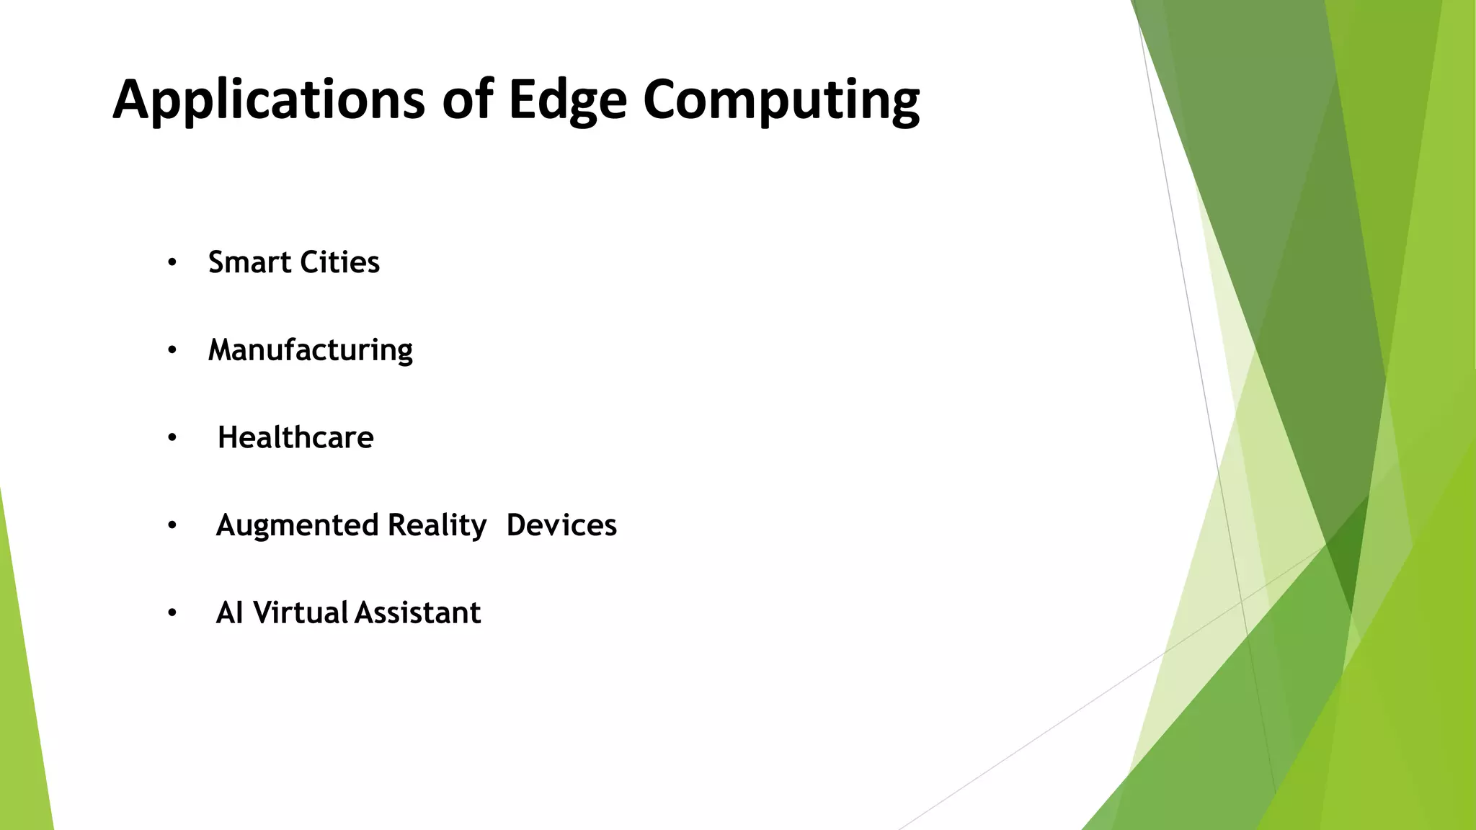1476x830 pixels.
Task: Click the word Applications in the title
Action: pyautogui.click(x=268, y=99)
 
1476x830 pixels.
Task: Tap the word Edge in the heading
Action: pyautogui.click(x=567, y=99)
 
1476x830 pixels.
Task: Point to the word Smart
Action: pyautogui.click(x=249, y=262)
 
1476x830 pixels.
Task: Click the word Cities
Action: pyautogui.click(x=339, y=262)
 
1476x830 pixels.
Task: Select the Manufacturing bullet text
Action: pyautogui.click(x=310, y=350)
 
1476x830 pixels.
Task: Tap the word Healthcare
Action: pyautogui.click(x=295, y=437)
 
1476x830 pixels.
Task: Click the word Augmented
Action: pyautogui.click(x=297, y=525)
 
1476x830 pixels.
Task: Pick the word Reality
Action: pyautogui.click(x=437, y=525)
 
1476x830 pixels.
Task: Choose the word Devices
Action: pyautogui.click(x=561, y=525)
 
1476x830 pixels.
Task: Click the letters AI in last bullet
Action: pyautogui.click(x=229, y=613)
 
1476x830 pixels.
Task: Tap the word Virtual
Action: pyautogui.click(x=301, y=613)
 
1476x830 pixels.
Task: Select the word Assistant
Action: pyautogui.click(x=417, y=613)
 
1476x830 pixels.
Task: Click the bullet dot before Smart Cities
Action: pyautogui.click(x=172, y=263)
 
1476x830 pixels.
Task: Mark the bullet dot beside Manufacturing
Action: pyautogui.click(x=172, y=351)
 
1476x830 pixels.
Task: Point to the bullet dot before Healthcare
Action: pyautogui.click(x=172, y=438)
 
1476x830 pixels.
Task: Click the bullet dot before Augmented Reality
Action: pyautogui.click(x=172, y=526)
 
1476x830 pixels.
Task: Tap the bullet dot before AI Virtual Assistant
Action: pyautogui.click(x=172, y=614)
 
